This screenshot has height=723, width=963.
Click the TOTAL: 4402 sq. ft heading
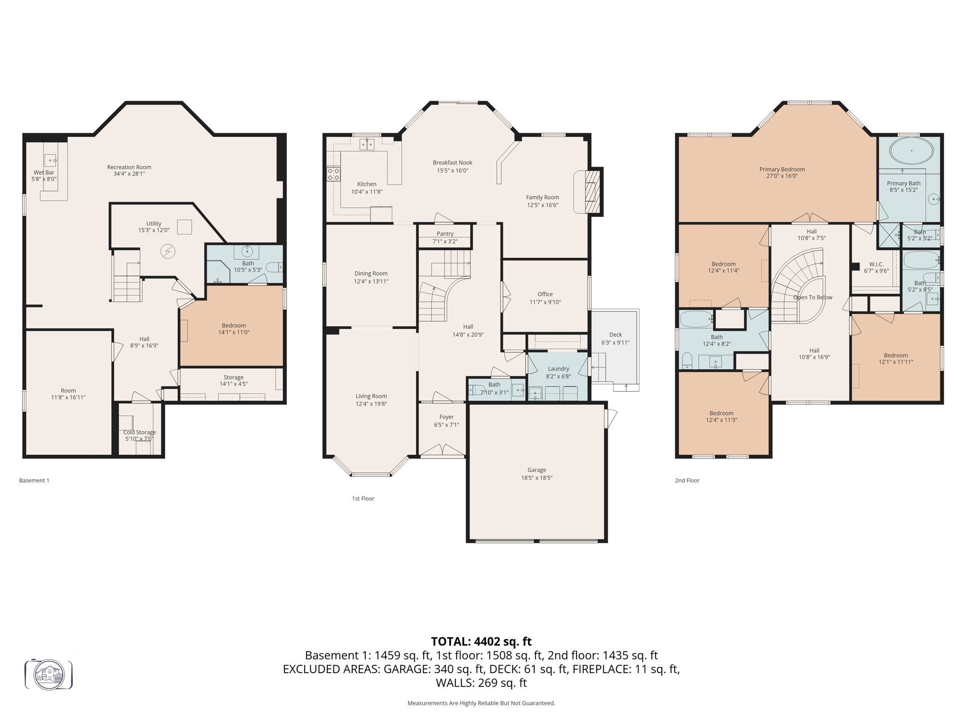click(x=481, y=642)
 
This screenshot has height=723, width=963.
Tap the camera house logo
click(x=49, y=675)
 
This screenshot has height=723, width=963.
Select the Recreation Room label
click(x=129, y=167)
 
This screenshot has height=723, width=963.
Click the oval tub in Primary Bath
click(x=911, y=151)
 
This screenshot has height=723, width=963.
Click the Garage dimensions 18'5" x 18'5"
click(x=537, y=478)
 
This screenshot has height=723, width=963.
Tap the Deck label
click(x=615, y=335)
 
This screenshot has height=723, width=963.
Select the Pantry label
click(x=445, y=234)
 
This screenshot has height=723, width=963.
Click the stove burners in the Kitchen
click(x=333, y=174)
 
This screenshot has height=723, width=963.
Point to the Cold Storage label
click(x=139, y=432)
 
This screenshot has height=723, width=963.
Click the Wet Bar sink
click(x=51, y=161)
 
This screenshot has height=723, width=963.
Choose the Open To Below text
click(x=813, y=297)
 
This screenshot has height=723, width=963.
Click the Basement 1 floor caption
click(x=34, y=480)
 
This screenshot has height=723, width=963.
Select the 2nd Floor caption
click(x=687, y=480)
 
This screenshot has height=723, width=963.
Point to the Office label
click(x=545, y=294)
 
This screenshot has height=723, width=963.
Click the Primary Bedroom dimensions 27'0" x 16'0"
click(x=782, y=176)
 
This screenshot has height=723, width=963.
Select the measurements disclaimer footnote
click(x=481, y=703)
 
